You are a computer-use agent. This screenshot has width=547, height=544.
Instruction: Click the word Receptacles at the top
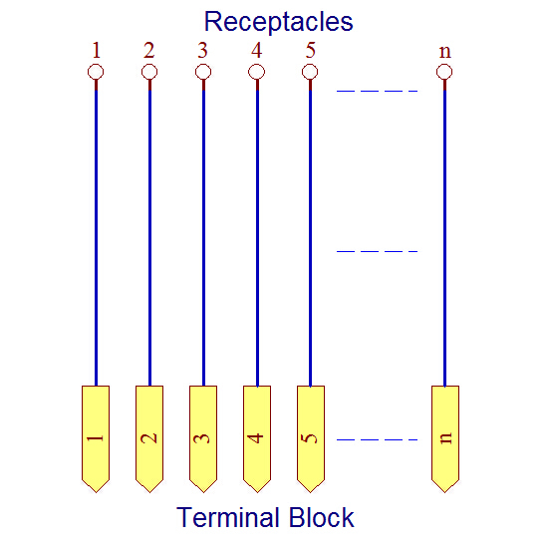click(278, 22)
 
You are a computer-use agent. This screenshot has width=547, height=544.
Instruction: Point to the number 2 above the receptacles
click(149, 50)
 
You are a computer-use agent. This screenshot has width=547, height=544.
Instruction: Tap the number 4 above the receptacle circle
click(256, 50)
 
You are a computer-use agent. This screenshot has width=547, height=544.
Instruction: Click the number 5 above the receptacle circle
click(310, 50)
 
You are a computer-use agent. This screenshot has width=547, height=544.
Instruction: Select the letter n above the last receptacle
click(444, 53)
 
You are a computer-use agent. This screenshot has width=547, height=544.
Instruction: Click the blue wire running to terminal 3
click(203, 237)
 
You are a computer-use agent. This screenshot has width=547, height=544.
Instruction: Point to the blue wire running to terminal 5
click(311, 237)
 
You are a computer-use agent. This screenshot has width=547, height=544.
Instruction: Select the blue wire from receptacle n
click(444, 237)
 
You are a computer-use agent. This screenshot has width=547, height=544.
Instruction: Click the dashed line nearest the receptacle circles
click(377, 91)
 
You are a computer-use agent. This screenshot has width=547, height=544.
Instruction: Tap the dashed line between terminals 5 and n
click(377, 439)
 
